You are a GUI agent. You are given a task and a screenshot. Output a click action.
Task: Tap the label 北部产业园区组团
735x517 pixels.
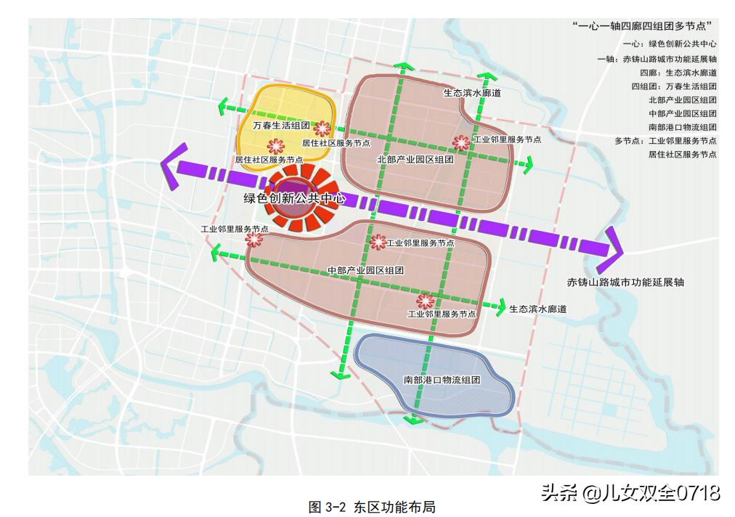point(415,159)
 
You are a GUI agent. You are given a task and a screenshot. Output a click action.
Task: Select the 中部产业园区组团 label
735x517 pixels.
point(365,270)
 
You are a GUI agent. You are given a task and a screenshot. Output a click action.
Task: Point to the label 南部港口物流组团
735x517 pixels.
point(442,380)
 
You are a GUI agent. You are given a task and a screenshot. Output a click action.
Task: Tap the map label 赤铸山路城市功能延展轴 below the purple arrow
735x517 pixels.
point(625,282)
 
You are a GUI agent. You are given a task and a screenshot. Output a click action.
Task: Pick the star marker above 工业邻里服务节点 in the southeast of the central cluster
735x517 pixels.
point(425,301)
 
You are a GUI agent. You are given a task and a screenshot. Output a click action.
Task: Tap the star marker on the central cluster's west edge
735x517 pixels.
point(253,239)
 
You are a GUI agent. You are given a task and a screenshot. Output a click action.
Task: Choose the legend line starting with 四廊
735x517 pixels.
point(678,73)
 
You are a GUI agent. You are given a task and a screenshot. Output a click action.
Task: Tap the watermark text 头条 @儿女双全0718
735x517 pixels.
point(630,493)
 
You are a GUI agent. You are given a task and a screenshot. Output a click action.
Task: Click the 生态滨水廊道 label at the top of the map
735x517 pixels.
point(472,93)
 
